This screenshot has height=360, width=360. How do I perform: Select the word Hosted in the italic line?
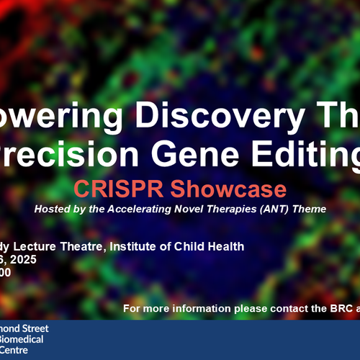point(52,209)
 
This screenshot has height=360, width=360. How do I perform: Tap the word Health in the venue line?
point(225,246)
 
